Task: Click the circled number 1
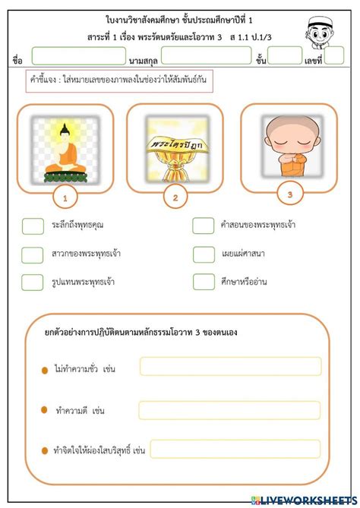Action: pos(66,199)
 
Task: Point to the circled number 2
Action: pos(175,198)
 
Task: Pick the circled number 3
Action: pos(290,195)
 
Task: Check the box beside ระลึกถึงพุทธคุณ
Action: pos(33,226)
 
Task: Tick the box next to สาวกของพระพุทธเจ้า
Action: pos(33,254)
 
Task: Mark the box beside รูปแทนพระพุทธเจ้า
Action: pos(33,282)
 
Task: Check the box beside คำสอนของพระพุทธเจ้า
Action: pos(204,226)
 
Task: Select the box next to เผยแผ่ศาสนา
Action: pos(204,254)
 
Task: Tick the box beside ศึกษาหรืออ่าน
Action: pos(204,282)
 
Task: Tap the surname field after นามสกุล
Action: pos(206,55)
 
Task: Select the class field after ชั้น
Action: pos(285,55)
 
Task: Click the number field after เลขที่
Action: pos(335,55)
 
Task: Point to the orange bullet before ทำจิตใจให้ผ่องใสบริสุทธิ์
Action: pos(45,452)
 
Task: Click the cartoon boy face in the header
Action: pos(329,29)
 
